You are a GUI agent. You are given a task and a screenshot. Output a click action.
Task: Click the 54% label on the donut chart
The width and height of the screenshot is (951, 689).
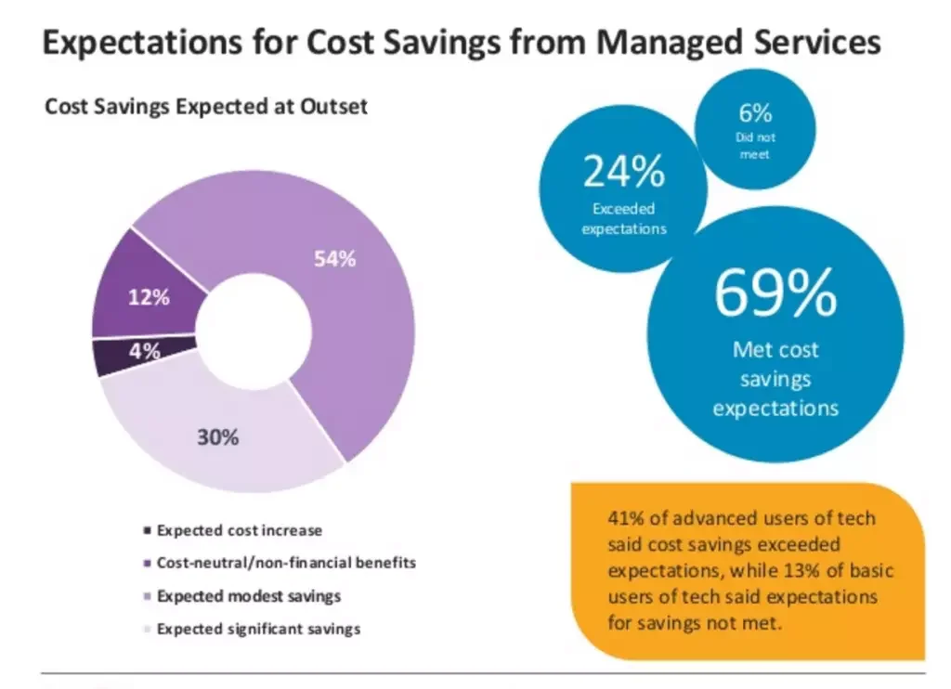[333, 259]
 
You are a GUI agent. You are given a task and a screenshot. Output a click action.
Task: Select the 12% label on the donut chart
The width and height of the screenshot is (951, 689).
[149, 298]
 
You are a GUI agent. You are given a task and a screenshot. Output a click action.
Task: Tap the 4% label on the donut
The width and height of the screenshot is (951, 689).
[145, 351]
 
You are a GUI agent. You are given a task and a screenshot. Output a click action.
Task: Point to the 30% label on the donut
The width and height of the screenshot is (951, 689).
[217, 436]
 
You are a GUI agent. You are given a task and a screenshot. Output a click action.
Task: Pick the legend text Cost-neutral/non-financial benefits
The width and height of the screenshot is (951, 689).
[286, 563]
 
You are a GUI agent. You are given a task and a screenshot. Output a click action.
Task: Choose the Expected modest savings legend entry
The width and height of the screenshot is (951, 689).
[248, 596]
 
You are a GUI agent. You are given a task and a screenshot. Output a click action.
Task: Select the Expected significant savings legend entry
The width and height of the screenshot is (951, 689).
[258, 629]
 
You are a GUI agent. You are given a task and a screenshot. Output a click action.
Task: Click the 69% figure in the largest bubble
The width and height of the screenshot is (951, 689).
[775, 293]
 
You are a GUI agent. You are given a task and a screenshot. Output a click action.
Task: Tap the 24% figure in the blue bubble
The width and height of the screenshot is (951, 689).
[623, 172]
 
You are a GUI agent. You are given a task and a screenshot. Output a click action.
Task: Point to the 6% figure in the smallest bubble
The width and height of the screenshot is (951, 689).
[755, 114]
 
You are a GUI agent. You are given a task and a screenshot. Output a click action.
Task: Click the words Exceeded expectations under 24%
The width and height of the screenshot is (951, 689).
[623, 219]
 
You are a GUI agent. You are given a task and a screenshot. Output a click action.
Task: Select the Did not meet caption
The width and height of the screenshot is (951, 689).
[755, 146]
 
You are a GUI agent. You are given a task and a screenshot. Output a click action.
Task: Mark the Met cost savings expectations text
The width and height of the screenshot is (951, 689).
[775, 379]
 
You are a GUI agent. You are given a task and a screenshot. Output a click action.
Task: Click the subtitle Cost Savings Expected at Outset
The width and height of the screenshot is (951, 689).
[206, 107]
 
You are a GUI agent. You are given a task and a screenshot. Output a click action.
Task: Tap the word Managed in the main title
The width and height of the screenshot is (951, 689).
[677, 42]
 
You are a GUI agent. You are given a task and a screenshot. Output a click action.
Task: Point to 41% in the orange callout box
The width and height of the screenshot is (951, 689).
[627, 519]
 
